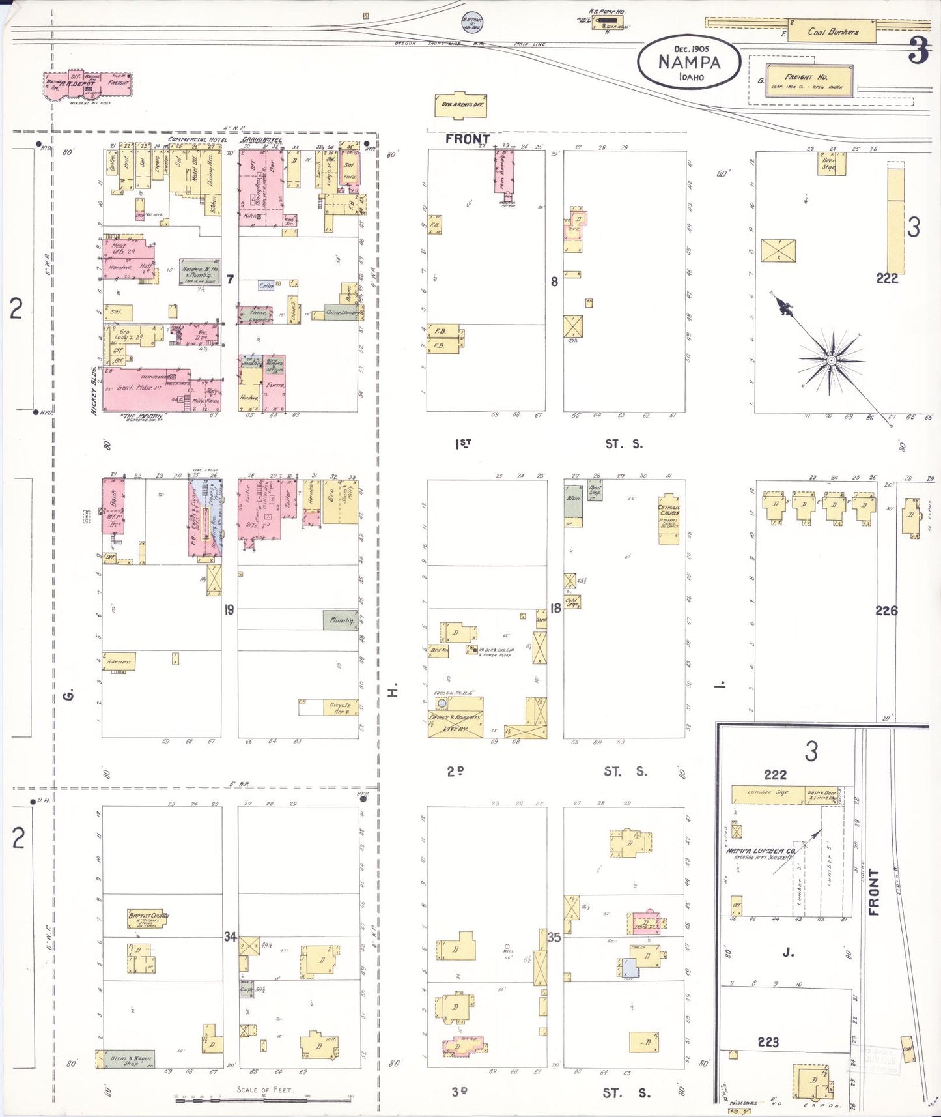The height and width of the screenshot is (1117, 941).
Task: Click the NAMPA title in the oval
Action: coord(688,63)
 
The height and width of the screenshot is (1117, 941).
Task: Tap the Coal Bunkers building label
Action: coord(833,31)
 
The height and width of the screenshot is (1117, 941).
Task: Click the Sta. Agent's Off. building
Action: coord(460,105)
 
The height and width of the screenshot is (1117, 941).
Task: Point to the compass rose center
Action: coord(831,360)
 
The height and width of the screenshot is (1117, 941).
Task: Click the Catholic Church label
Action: coord(669,511)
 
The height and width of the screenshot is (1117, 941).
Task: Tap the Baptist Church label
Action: coord(148,919)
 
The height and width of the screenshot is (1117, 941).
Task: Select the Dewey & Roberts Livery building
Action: coord(455,721)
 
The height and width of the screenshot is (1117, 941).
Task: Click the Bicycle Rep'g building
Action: coord(340,708)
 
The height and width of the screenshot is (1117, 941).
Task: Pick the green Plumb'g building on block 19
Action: coord(341,620)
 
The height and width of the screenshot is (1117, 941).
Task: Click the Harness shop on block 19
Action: coord(119,661)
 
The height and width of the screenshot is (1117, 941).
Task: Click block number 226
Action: coord(886,611)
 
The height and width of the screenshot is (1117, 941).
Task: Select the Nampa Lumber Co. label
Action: coord(760,851)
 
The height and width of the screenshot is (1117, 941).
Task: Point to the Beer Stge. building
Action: coord(831,164)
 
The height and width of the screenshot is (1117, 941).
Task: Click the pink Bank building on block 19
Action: coord(113,505)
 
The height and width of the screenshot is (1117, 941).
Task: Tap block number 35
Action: coord(554,938)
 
